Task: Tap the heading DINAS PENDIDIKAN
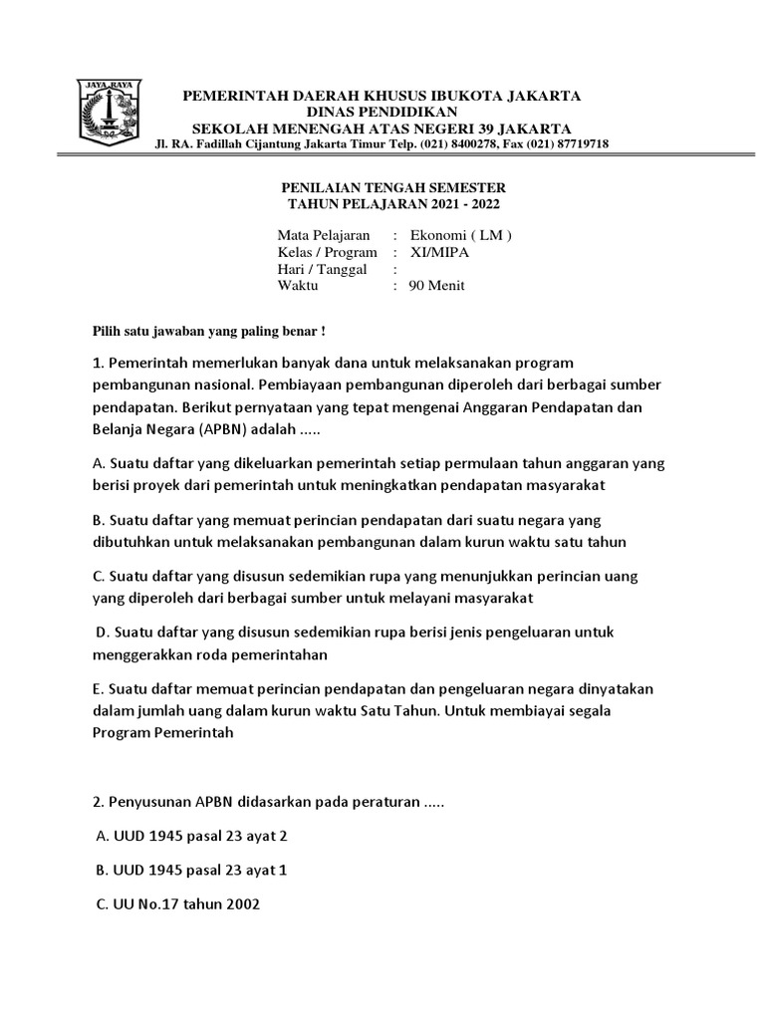click(x=381, y=112)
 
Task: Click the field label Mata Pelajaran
click(x=324, y=236)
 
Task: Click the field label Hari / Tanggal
click(x=322, y=269)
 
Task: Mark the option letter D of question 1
click(x=102, y=632)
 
